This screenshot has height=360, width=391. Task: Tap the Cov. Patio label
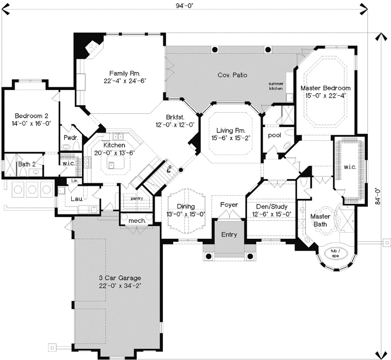point(232,75)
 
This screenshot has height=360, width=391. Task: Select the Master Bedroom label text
point(325,88)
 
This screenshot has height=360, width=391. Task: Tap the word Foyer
point(229,205)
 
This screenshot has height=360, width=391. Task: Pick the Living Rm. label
point(231,130)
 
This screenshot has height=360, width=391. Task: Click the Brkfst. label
point(175,117)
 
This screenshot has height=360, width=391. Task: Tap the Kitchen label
point(114,145)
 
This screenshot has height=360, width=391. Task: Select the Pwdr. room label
point(71,138)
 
